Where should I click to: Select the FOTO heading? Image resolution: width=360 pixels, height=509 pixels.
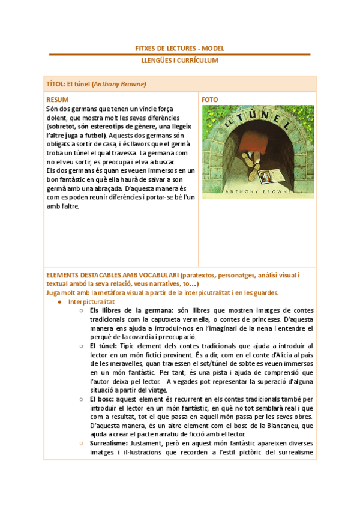point(210,100)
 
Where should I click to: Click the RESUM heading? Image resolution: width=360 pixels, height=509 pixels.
point(58,100)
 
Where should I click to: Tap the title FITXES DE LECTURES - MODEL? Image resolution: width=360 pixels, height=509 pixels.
point(180,48)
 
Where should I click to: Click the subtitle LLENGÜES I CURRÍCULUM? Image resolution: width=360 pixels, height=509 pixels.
point(180,61)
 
